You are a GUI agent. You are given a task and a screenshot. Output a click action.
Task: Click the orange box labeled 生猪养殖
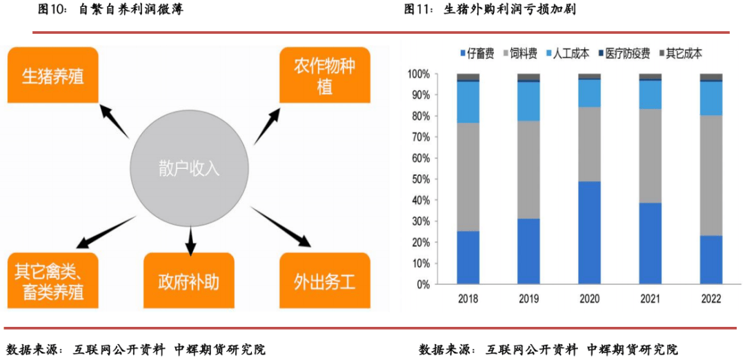(x=52, y=74)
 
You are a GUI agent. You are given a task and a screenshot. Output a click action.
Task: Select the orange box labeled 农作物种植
(x=324, y=74)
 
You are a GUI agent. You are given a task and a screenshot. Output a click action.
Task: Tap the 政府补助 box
(x=188, y=281)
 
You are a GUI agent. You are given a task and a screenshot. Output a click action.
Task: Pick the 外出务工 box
(x=324, y=281)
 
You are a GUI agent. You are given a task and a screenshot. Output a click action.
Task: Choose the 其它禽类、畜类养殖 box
(x=52, y=281)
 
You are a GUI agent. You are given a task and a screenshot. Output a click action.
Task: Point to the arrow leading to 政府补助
(x=190, y=241)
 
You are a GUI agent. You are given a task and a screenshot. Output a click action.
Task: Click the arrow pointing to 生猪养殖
(x=115, y=121)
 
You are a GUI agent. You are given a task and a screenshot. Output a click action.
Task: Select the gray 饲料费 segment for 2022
(x=711, y=175)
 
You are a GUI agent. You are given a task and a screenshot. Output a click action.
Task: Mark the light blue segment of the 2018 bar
(x=468, y=102)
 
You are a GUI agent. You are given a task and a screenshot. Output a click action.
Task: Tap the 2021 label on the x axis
(x=650, y=299)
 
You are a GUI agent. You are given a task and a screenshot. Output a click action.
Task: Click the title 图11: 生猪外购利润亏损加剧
(x=489, y=10)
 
